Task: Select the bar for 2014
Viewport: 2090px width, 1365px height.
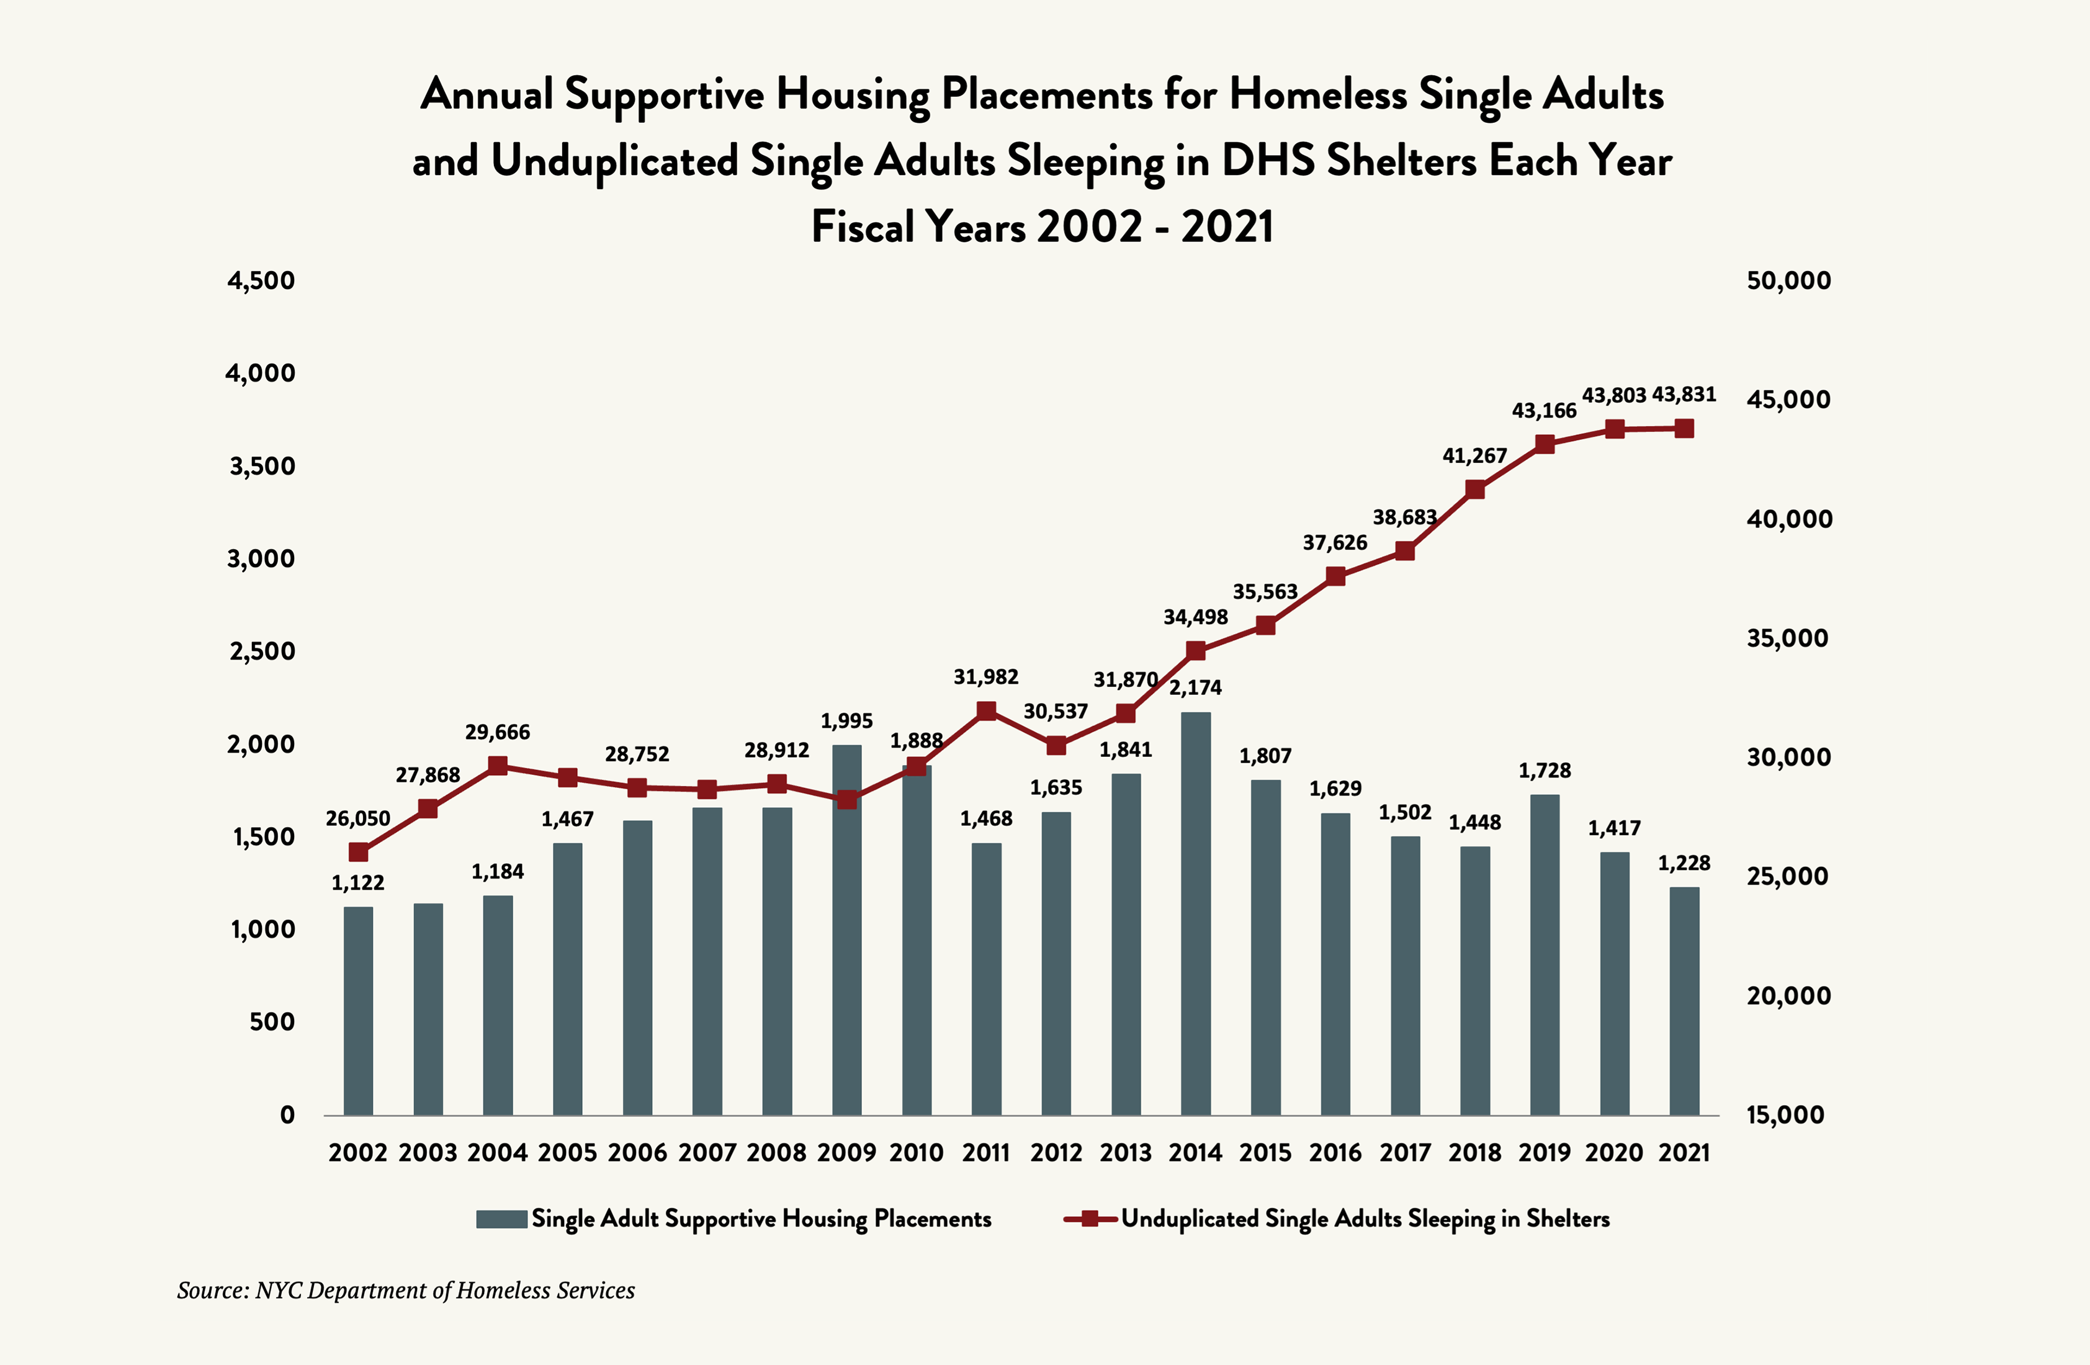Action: coord(1195,913)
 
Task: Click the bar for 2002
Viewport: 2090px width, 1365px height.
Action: coord(358,1009)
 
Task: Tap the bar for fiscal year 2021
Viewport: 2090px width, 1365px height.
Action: coord(1684,1001)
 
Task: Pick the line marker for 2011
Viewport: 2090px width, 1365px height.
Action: coord(986,711)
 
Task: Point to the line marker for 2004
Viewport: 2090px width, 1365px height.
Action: coord(498,766)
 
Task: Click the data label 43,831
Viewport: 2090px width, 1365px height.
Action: coord(1684,394)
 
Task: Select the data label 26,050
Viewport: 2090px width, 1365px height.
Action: coord(357,818)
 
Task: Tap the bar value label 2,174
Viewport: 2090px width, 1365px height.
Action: coord(1195,687)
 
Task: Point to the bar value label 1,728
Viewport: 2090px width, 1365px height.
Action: coord(1545,771)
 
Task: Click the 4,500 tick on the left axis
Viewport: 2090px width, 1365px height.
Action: coord(261,281)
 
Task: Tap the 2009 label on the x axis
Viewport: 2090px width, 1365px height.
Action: coord(846,1153)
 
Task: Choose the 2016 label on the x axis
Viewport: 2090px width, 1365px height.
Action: coord(1335,1153)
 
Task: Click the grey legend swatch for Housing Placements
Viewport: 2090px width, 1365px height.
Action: coord(501,1219)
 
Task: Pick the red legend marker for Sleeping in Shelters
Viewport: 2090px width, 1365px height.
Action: coord(1090,1219)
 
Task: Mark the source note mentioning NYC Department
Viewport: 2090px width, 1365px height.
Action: coord(406,1291)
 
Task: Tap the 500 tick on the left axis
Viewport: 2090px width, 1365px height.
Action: coord(272,1022)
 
